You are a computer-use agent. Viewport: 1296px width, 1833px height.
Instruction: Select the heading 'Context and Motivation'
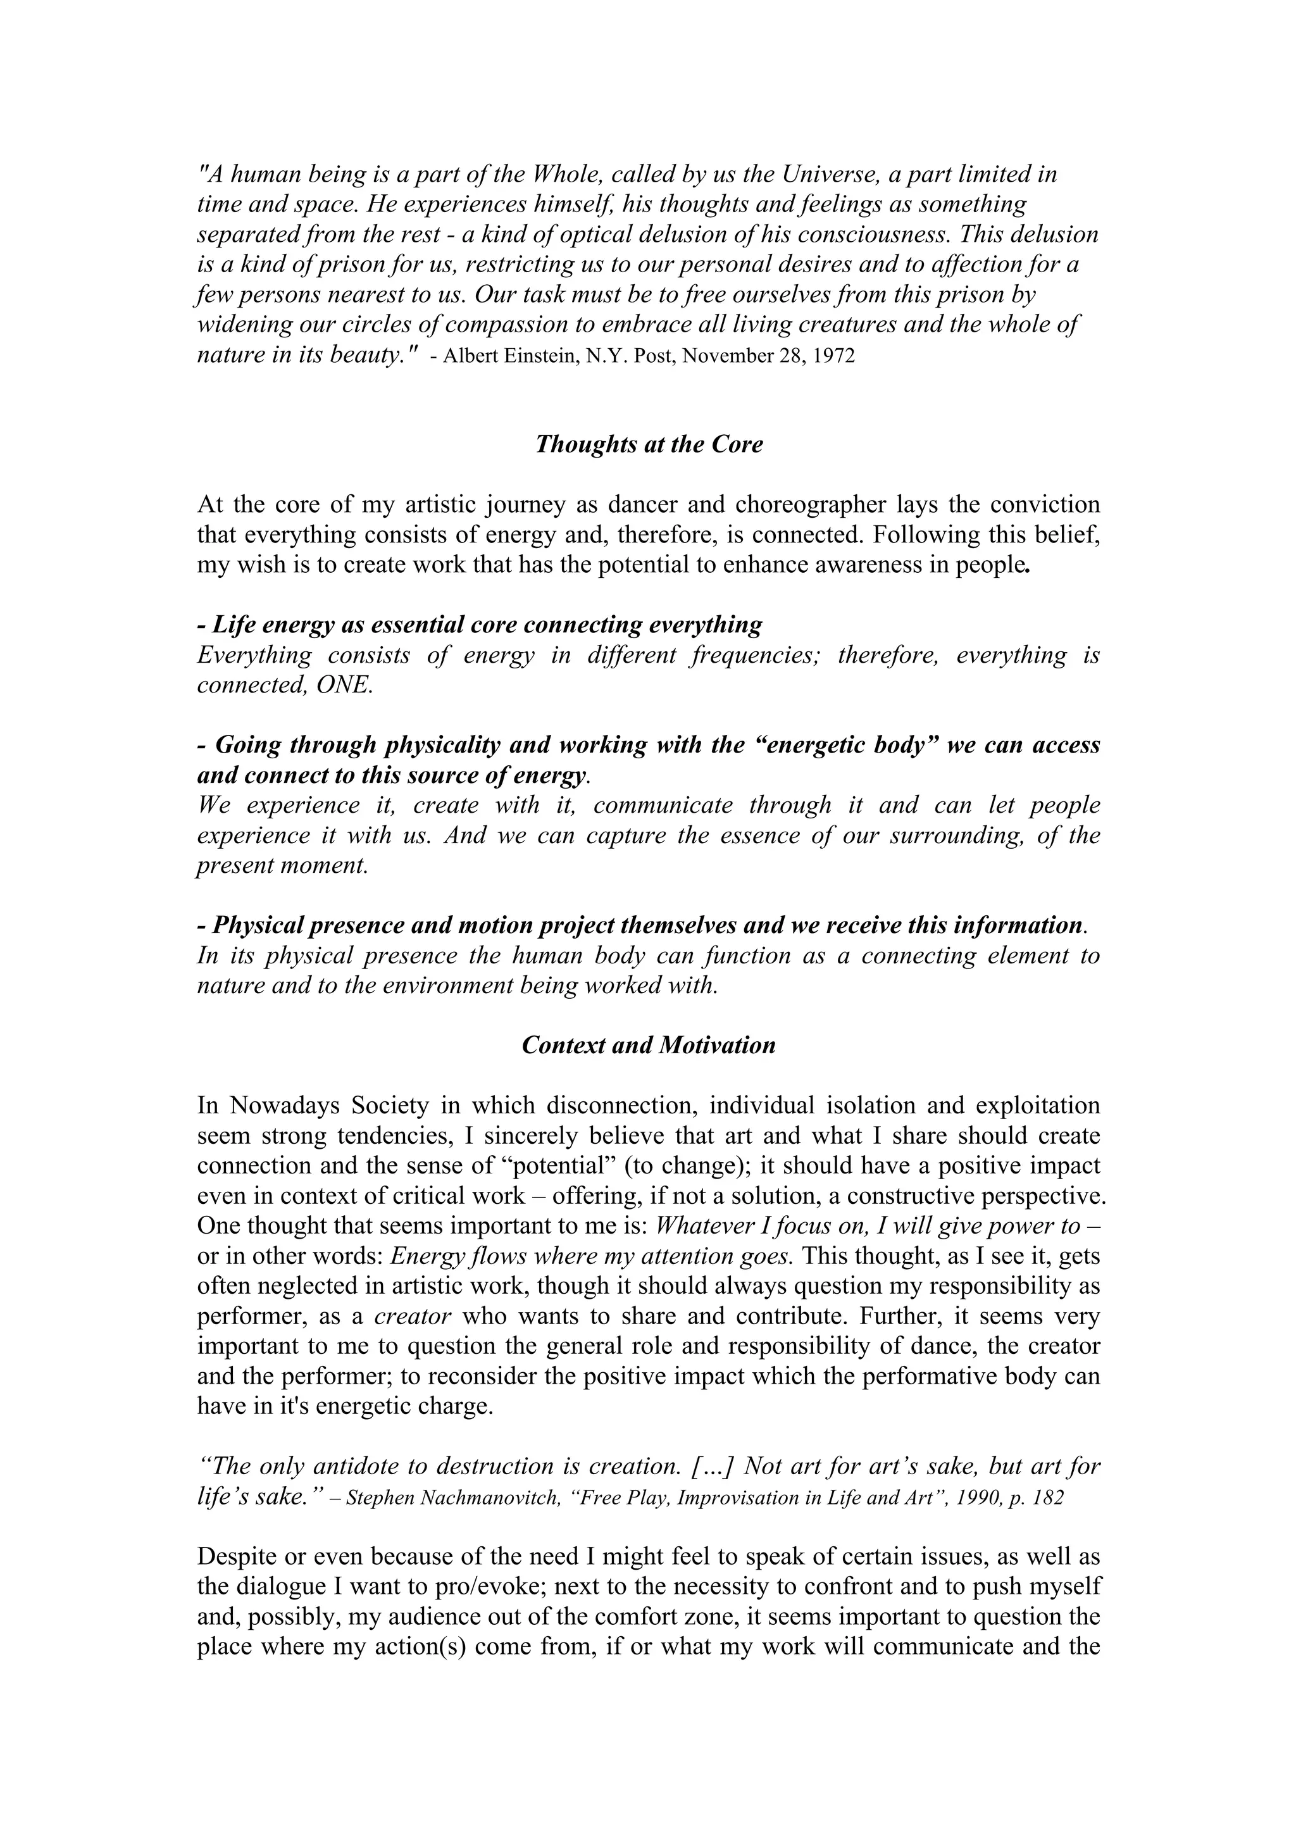[x=648, y=1045]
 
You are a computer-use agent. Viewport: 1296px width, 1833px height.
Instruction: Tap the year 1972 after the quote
[x=835, y=356]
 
